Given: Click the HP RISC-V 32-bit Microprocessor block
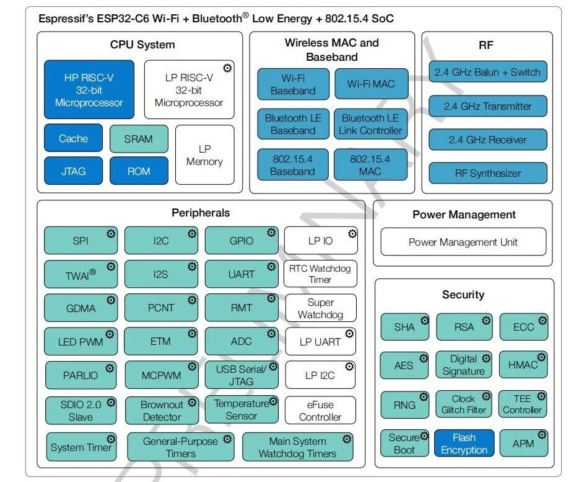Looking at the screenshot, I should (x=89, y=89).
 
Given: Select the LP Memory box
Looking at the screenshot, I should (x=204, y=155).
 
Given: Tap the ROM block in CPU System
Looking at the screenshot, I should (x=139, y=171).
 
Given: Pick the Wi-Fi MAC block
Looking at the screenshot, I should (x=371, y=84).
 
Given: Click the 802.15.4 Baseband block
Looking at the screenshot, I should (x=293, y=165).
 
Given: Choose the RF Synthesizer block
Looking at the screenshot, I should (x=488, y=173).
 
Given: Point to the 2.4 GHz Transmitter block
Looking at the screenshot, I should (x=488, y=106).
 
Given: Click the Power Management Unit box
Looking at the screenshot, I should (x=463, y=242).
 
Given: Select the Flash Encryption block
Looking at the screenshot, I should (x=464, y=444).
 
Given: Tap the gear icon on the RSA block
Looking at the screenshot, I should (x=487, y=321).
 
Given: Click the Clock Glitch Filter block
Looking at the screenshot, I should (x=464, y=404).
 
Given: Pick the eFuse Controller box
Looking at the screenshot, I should (x=320, y=411).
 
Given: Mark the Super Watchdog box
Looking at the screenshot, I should (x=320, y=308).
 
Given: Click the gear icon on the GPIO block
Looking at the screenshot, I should (x=271, y=233).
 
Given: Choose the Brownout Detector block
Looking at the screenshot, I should (x=162, y=411).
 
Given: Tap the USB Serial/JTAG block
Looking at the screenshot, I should (x=242, y=375).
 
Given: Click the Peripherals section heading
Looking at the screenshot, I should (x=201, y=213).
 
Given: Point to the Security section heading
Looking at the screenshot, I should (x=463, y=295).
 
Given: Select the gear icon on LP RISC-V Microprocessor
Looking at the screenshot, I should (x=227, y=68).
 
